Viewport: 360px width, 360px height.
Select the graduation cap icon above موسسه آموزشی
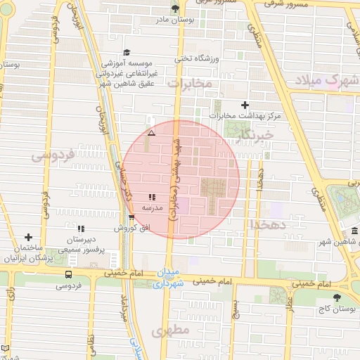[127, 53]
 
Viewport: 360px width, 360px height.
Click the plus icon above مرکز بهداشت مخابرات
[245, 105]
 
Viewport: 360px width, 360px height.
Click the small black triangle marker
[151, 133]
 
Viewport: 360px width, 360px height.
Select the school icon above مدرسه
[152, 198]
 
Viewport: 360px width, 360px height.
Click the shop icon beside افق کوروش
[131, 217]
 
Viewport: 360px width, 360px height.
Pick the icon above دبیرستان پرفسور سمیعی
[81, 229]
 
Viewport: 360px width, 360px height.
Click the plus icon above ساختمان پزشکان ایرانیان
[28, 238]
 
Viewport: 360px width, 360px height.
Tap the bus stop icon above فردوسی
[68, 274]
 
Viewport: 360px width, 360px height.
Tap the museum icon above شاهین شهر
[354, 231]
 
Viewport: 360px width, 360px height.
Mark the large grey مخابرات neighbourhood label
[190, 84]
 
